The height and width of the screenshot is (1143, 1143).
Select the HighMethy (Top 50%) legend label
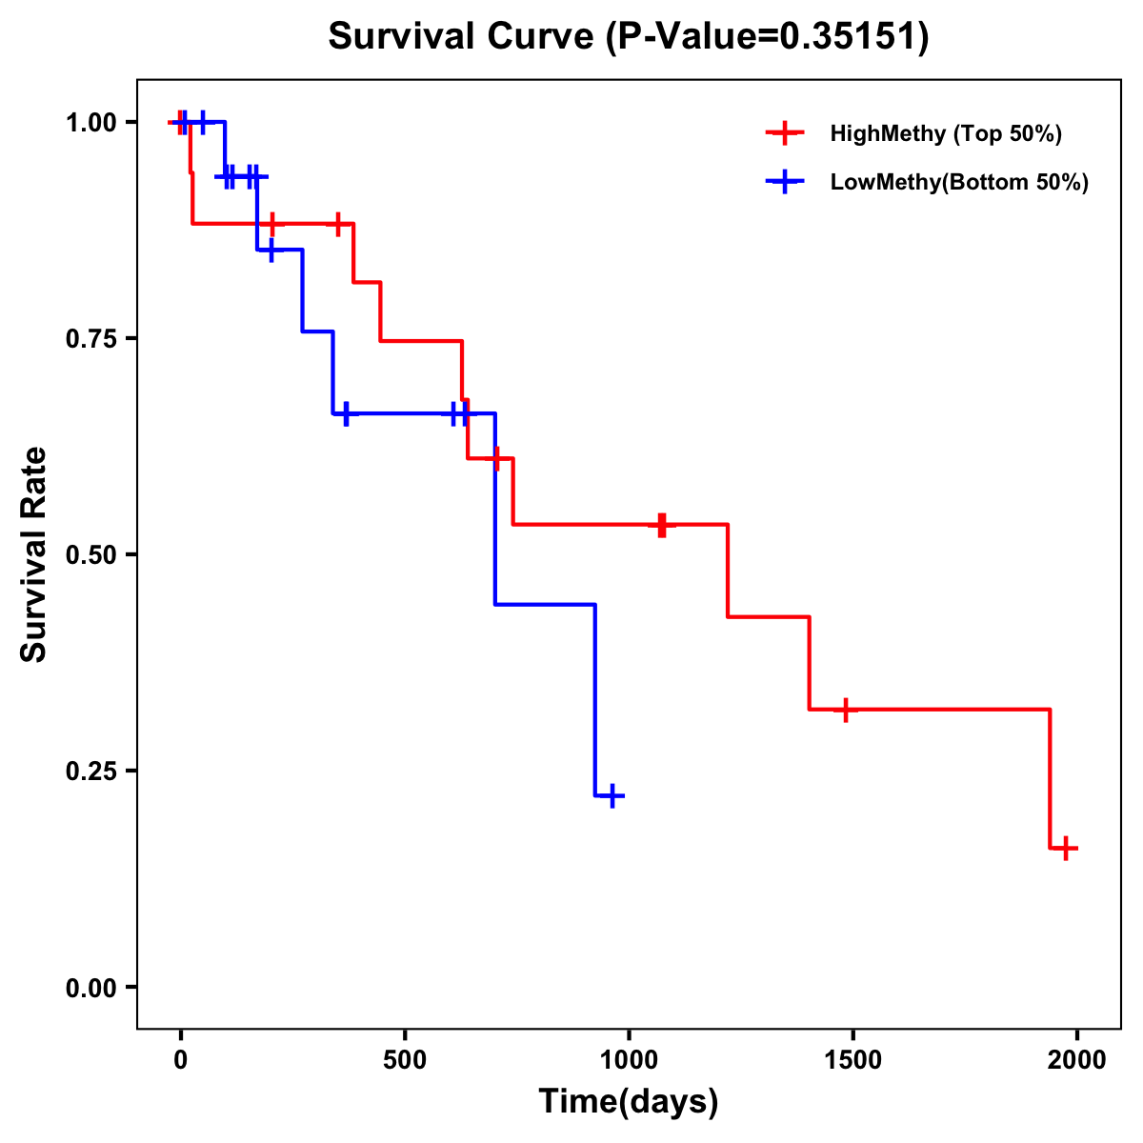946,133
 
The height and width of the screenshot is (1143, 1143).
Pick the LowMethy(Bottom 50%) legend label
959,183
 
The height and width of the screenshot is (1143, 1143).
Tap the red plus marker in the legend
784,133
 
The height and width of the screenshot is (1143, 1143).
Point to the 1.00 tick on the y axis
90,123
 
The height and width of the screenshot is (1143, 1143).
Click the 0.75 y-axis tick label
90,339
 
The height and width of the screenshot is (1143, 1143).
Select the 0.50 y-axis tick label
90,555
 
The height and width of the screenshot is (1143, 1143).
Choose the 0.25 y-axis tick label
90,772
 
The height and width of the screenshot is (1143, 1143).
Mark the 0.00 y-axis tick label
90,988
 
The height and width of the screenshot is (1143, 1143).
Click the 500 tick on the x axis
405,1060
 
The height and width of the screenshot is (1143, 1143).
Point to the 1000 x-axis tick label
629,1060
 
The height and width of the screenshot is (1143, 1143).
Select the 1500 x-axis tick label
852,1060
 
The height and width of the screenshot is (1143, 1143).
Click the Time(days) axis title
629,1102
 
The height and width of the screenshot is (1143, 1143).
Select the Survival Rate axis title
34,554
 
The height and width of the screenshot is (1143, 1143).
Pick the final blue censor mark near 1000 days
612,795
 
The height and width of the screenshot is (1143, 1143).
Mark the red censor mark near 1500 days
845,710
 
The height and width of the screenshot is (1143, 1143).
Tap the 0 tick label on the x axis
181,1060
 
